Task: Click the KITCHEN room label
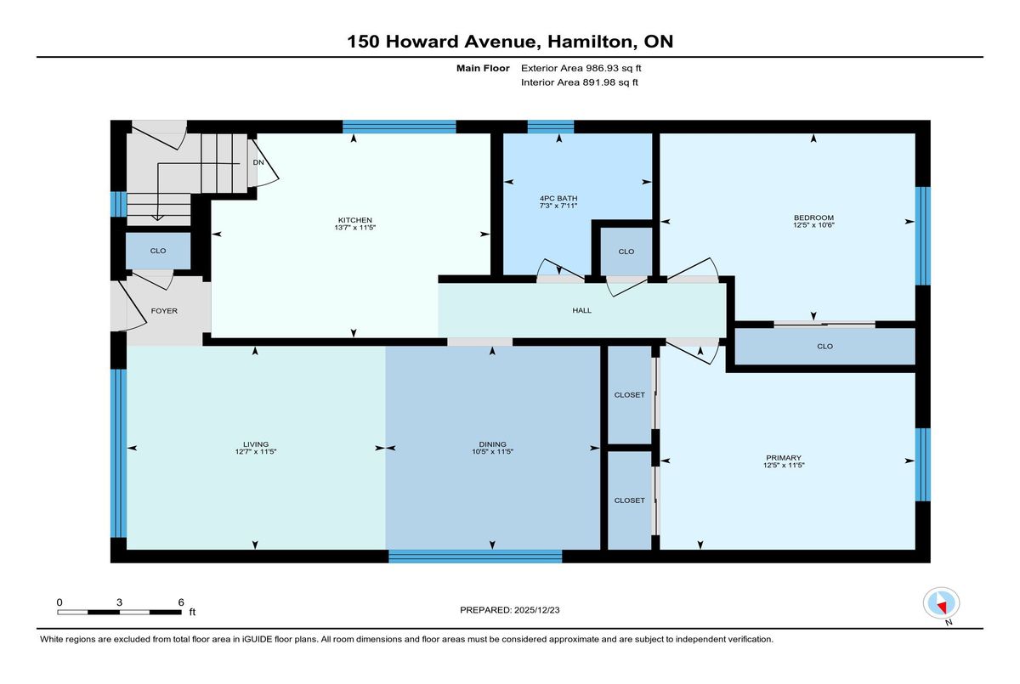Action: coord(354,220)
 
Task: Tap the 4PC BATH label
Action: coord(558,199)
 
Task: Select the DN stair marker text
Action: coord(258,162)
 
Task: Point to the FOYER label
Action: coord(164,311)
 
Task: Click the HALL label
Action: coord(581,310)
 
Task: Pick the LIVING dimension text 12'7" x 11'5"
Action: coord(256,451)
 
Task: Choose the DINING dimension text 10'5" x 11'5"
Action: coord(492,451)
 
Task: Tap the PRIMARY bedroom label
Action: coord(783,458)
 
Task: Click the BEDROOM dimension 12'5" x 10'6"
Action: coord(813,225)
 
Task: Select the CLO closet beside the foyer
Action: coord(158,251)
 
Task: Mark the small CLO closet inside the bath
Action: coord(626,252)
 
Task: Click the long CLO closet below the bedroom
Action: coord(824,347)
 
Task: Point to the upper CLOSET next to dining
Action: coord(629,394)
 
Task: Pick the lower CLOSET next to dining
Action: coord(629,500)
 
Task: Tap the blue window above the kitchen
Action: coord(399,127)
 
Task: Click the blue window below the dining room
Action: coord(475,556)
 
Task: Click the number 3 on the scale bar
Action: coord(119,602)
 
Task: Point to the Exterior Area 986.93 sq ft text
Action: coord(581,68)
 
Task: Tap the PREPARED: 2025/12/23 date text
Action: coord(509,610)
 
